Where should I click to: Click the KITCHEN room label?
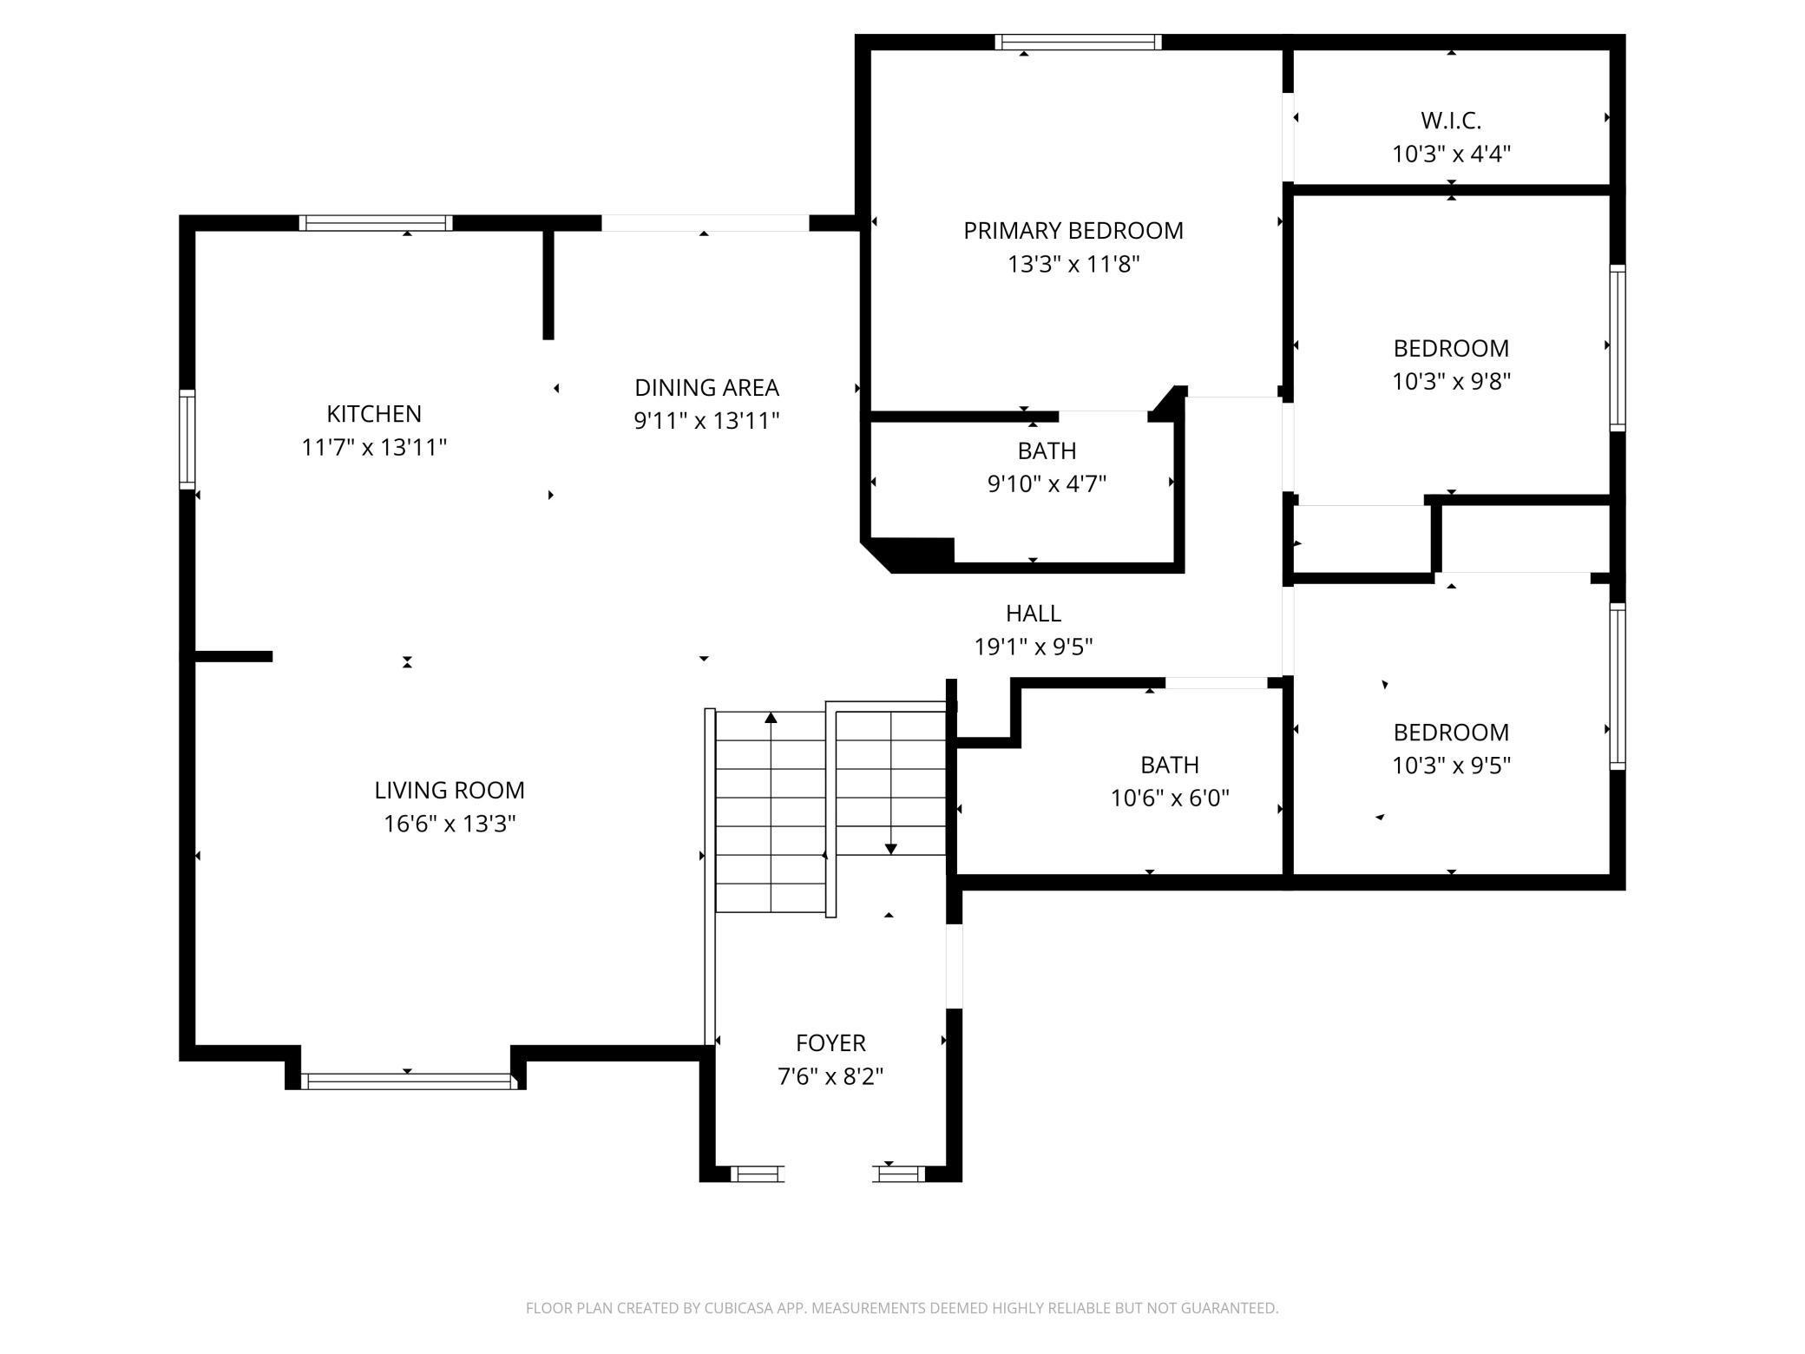click(374, 413)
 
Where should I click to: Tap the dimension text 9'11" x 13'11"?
click(706, 421)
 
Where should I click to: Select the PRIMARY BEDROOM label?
click(1073, 231)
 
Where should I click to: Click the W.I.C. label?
click(1451, 120)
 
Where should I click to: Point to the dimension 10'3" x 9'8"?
click(1451, 381)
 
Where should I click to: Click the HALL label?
click(1033, 614)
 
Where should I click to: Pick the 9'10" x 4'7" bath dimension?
click(1047, 483)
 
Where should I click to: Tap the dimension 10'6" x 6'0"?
click(1170, 798)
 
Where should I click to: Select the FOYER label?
click(830, 1042)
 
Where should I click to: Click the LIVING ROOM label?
click(450, 790)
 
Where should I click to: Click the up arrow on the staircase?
click(771, 718)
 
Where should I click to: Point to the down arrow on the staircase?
click(890, 848)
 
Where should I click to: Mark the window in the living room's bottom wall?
click(408, 1081)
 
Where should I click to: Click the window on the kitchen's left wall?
click(187, 439)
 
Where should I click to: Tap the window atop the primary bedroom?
click(1078, 43)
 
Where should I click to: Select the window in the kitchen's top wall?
click(376, 223)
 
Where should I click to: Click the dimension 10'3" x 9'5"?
click(1451, 766)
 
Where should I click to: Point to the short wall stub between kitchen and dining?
click(548, 285)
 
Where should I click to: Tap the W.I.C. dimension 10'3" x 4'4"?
click(1451, 154)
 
